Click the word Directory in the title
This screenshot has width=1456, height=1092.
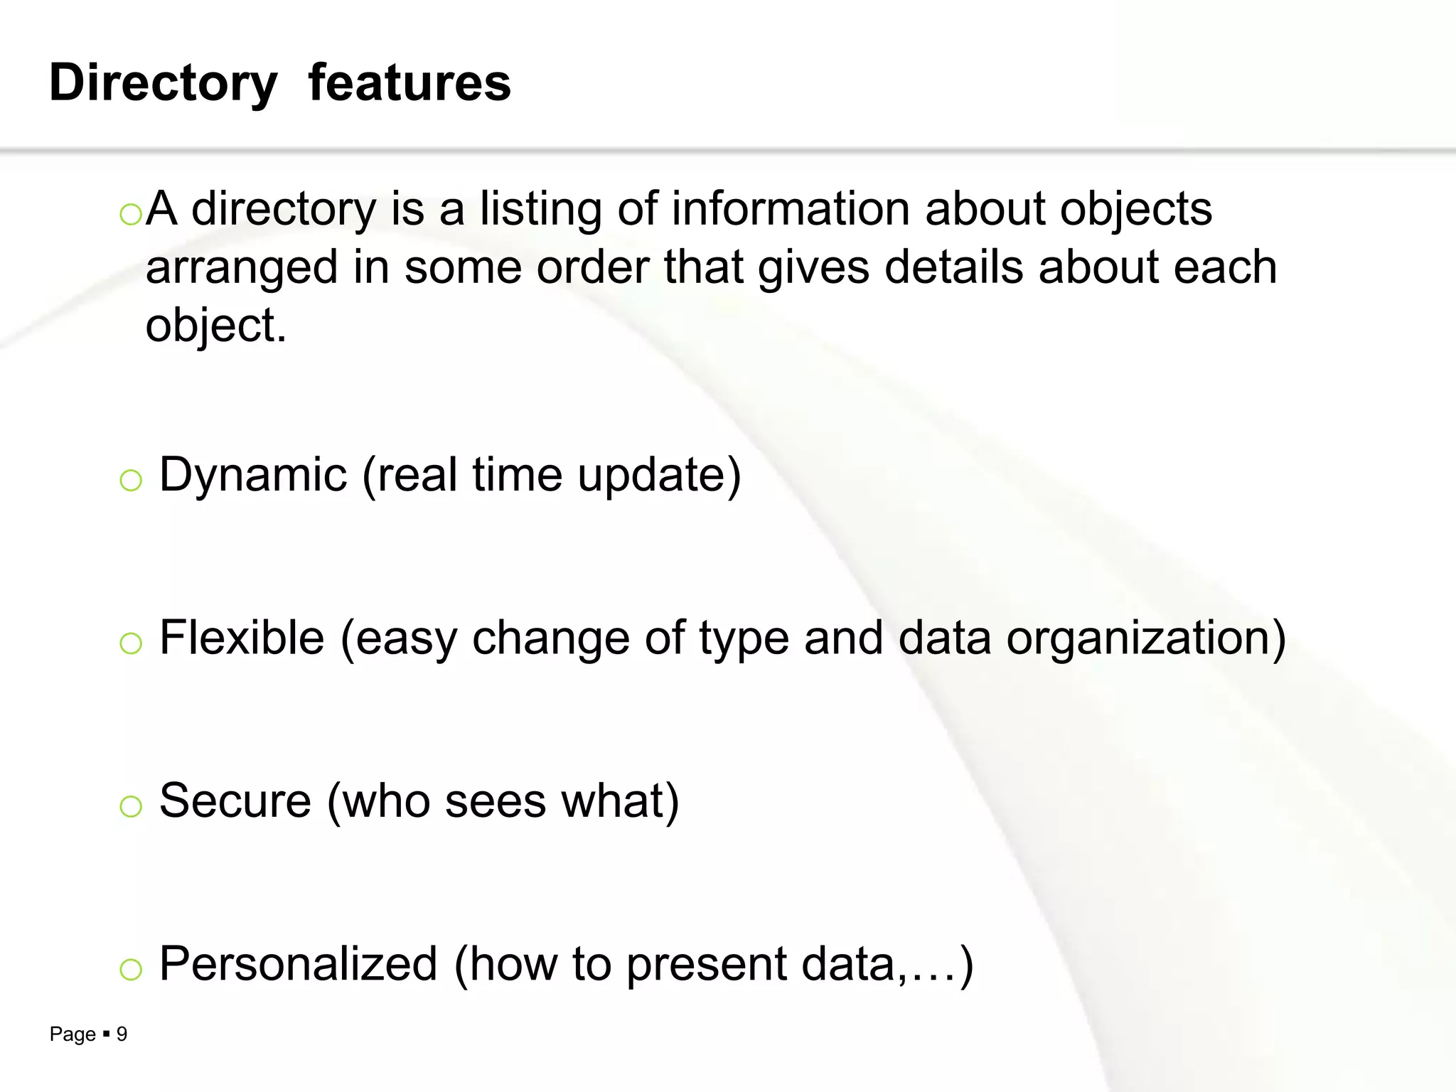[163, 83]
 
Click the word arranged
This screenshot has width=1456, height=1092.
[242, 269]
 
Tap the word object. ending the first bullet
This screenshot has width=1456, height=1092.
[216, 327]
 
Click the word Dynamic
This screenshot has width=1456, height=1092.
[253, 475]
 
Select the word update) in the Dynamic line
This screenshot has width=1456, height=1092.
[660, 475]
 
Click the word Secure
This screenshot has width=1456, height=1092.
[235, 801]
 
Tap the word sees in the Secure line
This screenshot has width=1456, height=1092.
[496, 801]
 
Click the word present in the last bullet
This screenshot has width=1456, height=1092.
[707, 965]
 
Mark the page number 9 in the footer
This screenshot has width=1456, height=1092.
[122, 1034]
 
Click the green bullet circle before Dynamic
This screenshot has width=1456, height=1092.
[131, 481]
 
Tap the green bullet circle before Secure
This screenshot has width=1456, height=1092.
[131, 807]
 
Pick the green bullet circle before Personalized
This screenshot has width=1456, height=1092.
[131, 970]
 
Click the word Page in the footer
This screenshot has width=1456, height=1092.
[73, 1034]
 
